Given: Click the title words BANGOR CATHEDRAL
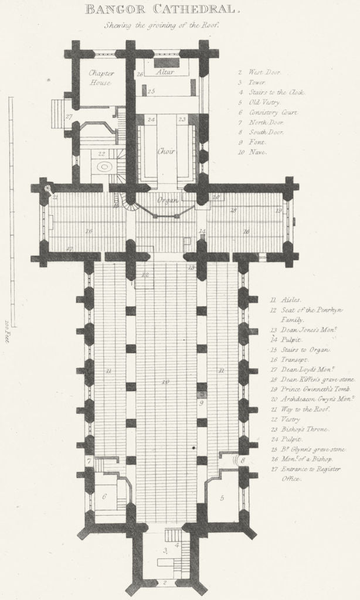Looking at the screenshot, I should (162, 9).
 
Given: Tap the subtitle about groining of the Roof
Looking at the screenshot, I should (161, 25).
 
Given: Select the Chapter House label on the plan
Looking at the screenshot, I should (100, 78).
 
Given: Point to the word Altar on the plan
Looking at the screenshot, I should (167, 72).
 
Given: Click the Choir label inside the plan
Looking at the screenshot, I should (166, 151).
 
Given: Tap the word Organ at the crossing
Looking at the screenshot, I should (167, 201).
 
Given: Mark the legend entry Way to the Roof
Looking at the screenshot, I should (293, 409).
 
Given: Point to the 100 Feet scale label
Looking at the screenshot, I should (8, 331).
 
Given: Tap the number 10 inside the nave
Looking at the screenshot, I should (165, 382).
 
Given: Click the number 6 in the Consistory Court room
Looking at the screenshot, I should (104, 496).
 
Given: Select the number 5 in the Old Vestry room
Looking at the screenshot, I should (222, 497).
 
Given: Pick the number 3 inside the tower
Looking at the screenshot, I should (166, 550).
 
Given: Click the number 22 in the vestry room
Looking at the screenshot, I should (102, 154).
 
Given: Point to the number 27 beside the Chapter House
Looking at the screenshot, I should (69, 117).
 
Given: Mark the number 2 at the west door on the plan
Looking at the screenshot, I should (166, 582).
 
